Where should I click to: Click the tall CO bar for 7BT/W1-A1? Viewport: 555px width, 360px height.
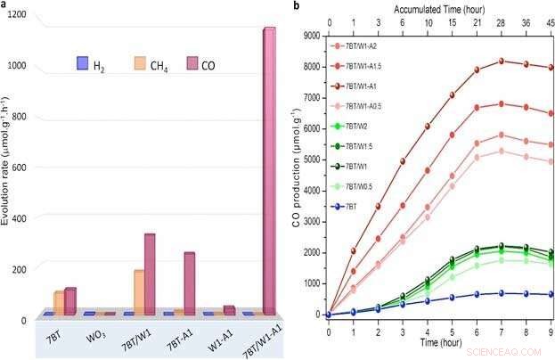click(x=269, y=169)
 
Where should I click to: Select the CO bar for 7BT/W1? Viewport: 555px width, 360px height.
click(x=150, y=273)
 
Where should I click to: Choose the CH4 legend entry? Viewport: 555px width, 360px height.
click(x=148, y=64)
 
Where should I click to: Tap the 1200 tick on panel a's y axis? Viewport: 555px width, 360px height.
click(x=15, y=15)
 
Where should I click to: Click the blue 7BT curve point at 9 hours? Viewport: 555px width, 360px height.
click(x=551, y=294)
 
